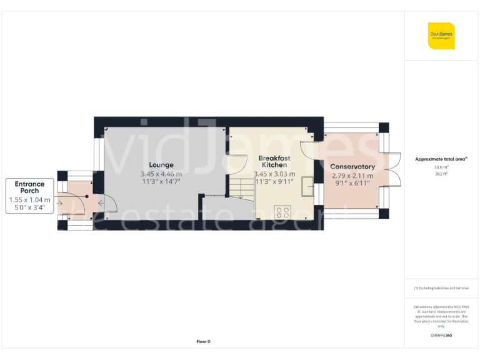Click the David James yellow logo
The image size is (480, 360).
click(441, 35)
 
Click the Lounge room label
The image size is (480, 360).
click(161, 165)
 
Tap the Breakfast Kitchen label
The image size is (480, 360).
click(274, 162)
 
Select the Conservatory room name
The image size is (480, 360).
click(352, 167)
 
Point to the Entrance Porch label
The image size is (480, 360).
click(29, 187)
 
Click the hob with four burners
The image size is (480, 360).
click(282, 211)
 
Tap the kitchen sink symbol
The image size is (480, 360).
click(307, 187)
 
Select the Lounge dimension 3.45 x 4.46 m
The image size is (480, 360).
click(161, 174)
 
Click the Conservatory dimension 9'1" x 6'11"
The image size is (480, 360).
click(352, 184)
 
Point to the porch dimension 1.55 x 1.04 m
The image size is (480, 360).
click(29, 199)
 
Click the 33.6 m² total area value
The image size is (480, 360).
click(441, 167)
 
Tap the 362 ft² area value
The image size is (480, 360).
click(441, 174)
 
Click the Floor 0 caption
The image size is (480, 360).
click(203, 341)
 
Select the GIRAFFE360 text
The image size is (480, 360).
click(441, 336)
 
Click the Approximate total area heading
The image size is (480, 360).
click(441, 159)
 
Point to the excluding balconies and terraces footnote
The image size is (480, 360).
click(441, 288)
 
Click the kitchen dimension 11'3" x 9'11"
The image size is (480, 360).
click(274, 182)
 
